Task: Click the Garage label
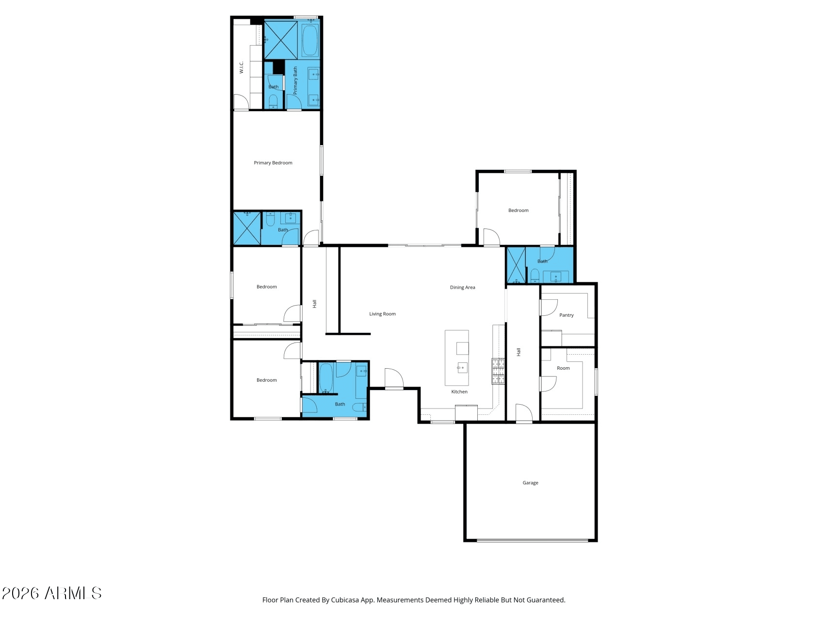coord(530,483)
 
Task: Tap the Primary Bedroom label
coord(273,163)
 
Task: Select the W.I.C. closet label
coord(241,67)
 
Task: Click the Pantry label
coord(566,315)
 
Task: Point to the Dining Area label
coord(462,288)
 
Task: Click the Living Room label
coord(382,314)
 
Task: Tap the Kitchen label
coord(459,392)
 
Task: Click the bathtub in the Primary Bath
coord(310,41)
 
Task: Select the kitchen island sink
coord(462,368)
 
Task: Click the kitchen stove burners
coord(498,371)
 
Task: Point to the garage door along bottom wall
coord(532,540)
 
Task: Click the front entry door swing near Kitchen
coord(393,378)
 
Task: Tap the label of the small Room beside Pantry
coord(563,368)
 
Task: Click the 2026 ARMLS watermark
coord(51,593)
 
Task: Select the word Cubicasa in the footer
coord(345,600)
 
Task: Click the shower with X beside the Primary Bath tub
coord(281,40)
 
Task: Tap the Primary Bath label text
coord(295,81)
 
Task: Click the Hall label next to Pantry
coord(519,352)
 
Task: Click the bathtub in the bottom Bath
coord(326,378)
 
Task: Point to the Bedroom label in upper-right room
coord(518,211)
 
